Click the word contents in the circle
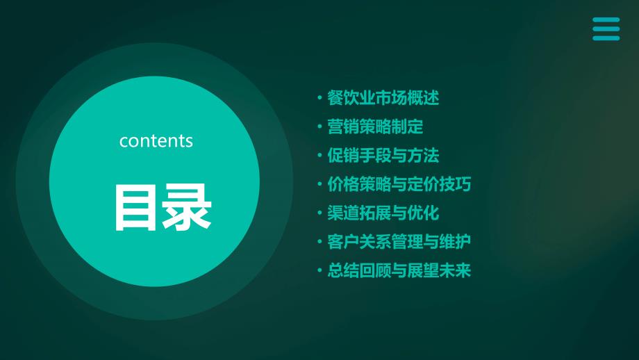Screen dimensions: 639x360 pyautogui.click(x=156, y=141)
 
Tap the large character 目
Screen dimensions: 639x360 pyautogui.click(x=135, y=207)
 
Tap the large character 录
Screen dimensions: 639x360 pyautogui.click(x=187, y=207)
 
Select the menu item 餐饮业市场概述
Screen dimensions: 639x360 pyautogui.click(x=383, y=98)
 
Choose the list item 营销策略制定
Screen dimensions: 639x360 pyautogui.click(x=375, y=126)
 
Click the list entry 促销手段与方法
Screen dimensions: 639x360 pyautogui.click(x=383, y=156)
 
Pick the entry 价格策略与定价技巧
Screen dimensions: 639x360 pyautogui.click(x=399, y=184)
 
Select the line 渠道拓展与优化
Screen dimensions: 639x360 pyautogui.click(x=383, y=213)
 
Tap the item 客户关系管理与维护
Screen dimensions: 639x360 pyautogui.click(x=399, y=242)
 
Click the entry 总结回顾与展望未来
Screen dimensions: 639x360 pyautogui.click(x=399, y=270)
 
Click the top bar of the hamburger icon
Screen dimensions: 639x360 pyautogui.click(x=606, y=19)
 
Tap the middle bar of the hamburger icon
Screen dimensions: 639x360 pyautogui.click(x=606, y=29)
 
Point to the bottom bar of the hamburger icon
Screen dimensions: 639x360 pyautogui.click(x=606, y=38)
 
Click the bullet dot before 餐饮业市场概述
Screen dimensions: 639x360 pyautogui.click(x=319, y=98)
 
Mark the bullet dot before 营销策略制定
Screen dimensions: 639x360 pyautogui.click(x=319, y=126)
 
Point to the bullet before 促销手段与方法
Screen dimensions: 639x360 pyautogui.click(x=319, y=156)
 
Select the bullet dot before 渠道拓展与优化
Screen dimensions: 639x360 pyautogui.click(x=319, y=213)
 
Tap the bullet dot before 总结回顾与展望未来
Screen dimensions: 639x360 pyautogui.click(x=319, y=270)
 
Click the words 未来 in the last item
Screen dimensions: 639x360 pyautogui.click(x=455, y=270)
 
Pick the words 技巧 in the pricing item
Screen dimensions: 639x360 pyautogui.click(x=455, y=184)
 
